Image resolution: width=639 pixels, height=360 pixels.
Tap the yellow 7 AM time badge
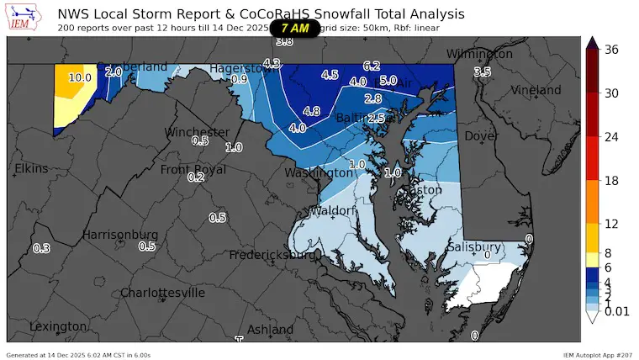(x=294, y=28)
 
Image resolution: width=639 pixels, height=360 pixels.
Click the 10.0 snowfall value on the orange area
(x=80, y=77)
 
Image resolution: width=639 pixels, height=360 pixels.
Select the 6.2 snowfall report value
(x=372, y=66)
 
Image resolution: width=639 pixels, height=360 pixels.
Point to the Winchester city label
(x=197, y=132)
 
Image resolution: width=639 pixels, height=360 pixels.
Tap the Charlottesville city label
(x=162, y=293)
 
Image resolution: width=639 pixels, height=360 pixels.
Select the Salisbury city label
(x=474, y=246)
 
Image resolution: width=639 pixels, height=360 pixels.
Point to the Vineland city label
(x=536, y=89)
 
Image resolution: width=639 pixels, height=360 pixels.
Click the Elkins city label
(x=32, y=169)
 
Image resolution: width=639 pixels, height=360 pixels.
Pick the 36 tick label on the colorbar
(x=611, y=50)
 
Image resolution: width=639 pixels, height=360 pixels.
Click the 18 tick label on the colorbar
(x=611, y=180)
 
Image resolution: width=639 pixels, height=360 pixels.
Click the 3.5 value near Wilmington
(x=483, y=72)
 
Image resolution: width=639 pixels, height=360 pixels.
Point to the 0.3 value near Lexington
(x=40, y=248)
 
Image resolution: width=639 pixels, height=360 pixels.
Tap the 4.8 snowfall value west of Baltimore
(x=311, y=111)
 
